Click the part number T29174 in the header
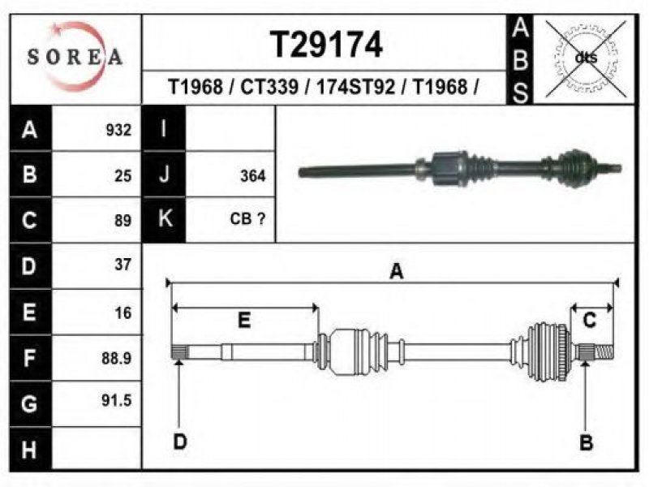(x=326, y=45)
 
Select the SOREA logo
(x=75, y=56)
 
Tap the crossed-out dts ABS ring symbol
(x=586, y=58)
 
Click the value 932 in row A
(x=118, y=130)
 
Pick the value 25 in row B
(x=123, y=175)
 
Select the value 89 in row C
(x=123, y=220)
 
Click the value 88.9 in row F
(x=117, y=358)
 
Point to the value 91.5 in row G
(x=117, y=400)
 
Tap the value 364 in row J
(x=253, y=175)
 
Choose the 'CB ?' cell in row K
(x=247, y=218)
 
